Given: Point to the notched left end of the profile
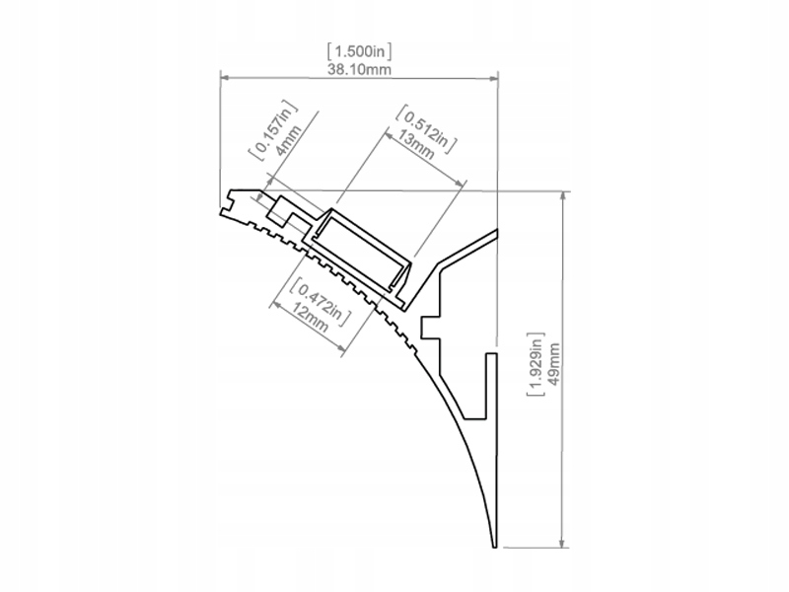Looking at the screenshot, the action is (227, 202).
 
